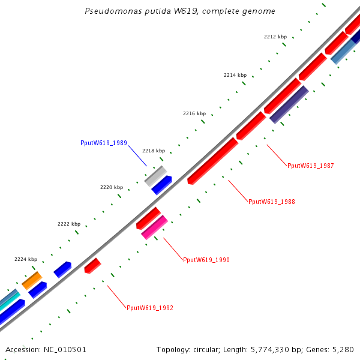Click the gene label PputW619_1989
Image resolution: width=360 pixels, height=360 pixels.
coord(103,143)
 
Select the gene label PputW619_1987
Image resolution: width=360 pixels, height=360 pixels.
coord(310,166)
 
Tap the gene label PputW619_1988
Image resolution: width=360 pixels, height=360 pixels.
coord(271,202)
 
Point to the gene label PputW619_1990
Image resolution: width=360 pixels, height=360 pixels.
coord(206,260)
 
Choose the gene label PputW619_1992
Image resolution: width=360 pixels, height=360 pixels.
coord(149,308)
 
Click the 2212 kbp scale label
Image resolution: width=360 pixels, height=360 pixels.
coord(275,37)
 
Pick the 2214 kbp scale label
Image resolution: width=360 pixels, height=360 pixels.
coord(235,75)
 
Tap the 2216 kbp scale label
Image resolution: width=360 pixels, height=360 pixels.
coord(194,113)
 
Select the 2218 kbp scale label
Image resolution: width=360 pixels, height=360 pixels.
coord(153,151)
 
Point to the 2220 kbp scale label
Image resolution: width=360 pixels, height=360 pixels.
coord(111,187)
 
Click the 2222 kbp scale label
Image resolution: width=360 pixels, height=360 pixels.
coord(68,224)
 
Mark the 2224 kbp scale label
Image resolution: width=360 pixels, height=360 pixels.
coord(25,259)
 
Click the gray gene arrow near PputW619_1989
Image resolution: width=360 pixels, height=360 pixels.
coord(155,176)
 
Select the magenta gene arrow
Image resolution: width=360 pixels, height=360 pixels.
coord(154,227)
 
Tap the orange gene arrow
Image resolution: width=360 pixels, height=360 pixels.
coord(32,280)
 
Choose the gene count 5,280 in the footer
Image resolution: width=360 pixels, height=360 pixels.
coord(343,350)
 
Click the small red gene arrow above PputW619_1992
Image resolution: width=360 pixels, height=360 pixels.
coord(92,265)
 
